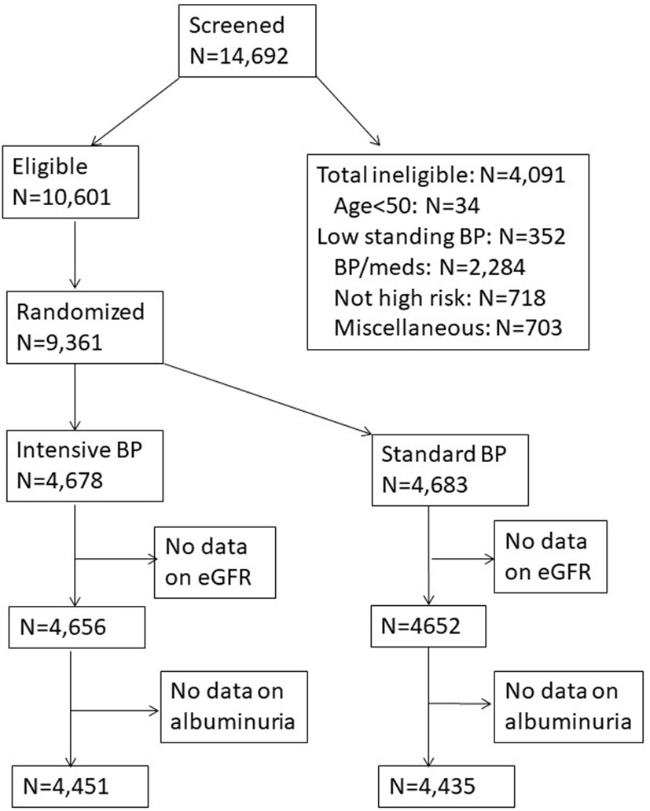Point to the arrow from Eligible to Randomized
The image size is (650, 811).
[x=74, y=255]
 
